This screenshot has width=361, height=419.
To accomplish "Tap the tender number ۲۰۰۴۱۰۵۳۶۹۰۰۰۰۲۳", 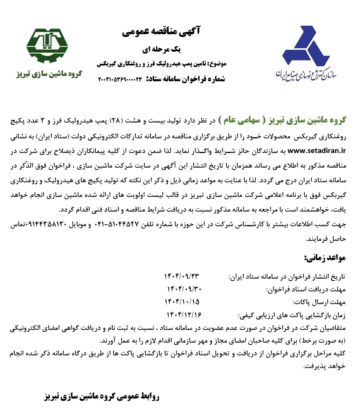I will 120,79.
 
